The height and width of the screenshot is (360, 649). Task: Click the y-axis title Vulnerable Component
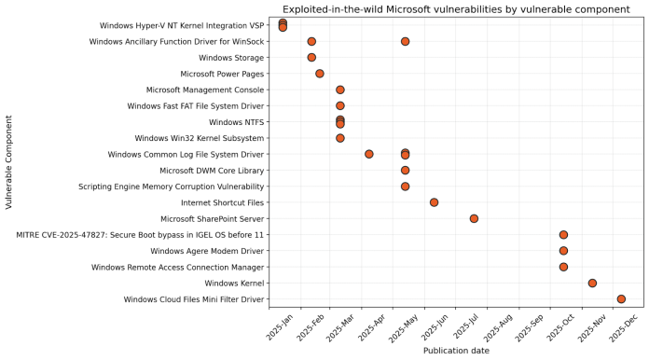point(8,162)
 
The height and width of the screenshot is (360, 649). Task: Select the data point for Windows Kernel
point(592,283)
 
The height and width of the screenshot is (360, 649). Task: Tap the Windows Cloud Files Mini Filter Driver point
point(621,299)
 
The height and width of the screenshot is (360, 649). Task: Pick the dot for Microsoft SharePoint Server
point(474,218)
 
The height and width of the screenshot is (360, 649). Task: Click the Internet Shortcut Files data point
point(434,202)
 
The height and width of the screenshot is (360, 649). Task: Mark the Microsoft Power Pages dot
point(320,74)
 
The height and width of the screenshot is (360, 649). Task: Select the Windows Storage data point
point(311,58)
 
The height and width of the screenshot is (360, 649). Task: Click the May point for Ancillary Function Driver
point(405,42)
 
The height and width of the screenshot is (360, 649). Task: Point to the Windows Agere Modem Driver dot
point(563,251)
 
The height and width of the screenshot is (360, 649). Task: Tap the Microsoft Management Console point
point(340,90)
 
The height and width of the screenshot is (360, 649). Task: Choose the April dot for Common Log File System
point(369,154)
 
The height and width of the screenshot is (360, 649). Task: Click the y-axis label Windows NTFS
point(237,122)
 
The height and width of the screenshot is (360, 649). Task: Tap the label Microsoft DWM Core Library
point(212,171)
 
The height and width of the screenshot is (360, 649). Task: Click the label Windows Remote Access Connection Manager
point(177,267)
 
